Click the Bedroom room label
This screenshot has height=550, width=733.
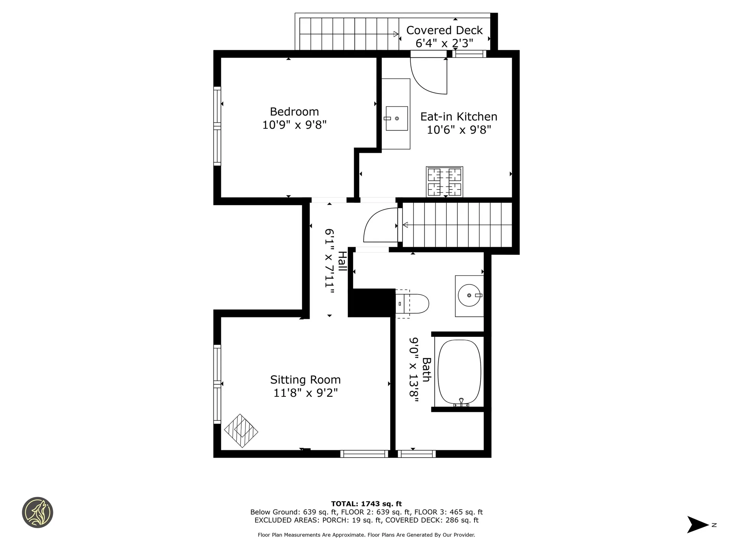[294, 112]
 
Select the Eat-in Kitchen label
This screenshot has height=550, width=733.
[459, 116]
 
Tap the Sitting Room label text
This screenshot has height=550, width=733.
[305, 380]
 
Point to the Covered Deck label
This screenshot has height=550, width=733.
[444, 30]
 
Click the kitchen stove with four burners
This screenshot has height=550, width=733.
[444, 182]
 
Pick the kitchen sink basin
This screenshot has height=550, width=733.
[397, 118]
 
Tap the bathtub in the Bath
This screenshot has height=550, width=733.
[459, 372]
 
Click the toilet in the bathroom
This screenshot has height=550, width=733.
[412, 304]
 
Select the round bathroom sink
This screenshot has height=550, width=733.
[470, 295]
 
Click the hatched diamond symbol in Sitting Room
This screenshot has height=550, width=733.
[241, 431]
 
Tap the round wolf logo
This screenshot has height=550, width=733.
[37, 513]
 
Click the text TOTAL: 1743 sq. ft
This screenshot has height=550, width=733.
[366, 504]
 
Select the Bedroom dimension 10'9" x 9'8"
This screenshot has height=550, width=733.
[294, 125]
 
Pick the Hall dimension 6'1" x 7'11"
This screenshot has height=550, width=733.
[329, 261]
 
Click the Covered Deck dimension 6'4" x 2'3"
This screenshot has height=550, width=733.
[444, 43]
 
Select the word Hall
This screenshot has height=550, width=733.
[342, 261]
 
